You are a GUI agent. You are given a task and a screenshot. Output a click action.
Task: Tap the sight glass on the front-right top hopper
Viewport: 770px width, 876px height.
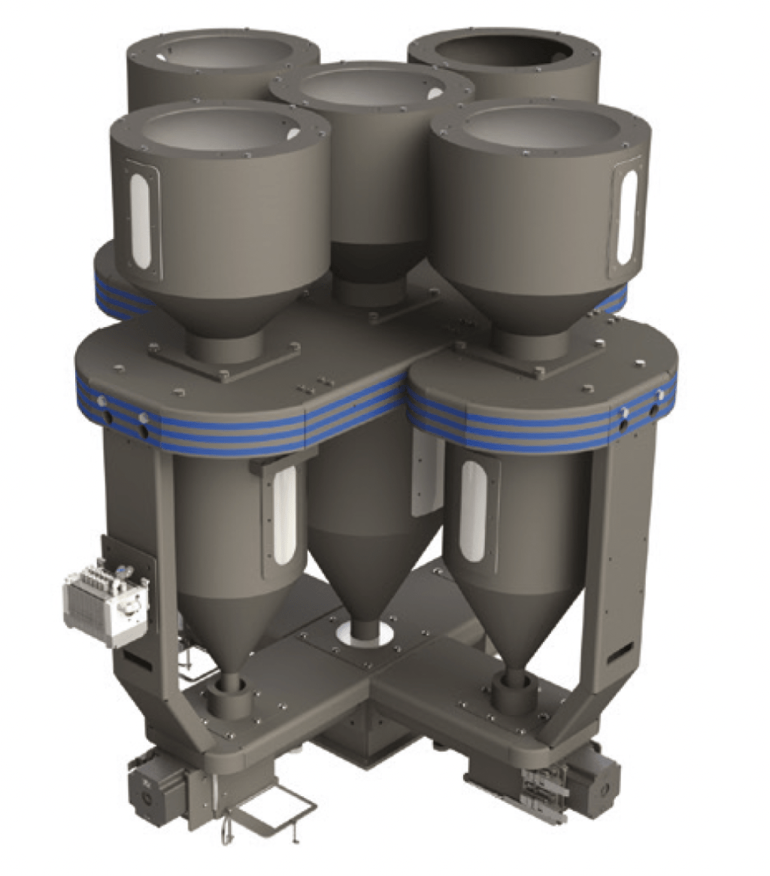pos(626,217)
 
